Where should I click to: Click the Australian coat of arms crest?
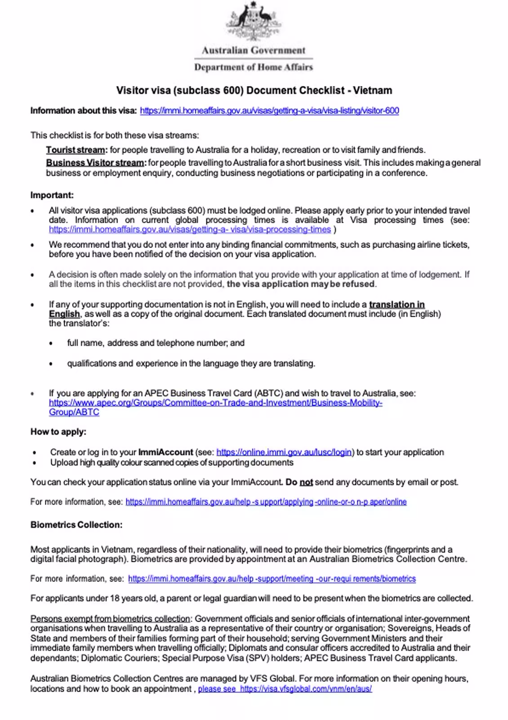tap(253, 20)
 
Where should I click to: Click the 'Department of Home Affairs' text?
tap(253, 67)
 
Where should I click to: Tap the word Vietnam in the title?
tap(372, 90)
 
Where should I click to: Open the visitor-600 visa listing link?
tap(269, 111)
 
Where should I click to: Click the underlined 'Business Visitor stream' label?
tap(96, 162)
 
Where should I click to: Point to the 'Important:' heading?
tap(52, 195)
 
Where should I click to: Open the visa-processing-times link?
tap(190, 229)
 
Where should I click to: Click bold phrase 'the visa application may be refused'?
tap(301, 284)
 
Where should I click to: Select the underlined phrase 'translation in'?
tap(397, 304)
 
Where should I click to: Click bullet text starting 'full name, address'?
tap(156, 343)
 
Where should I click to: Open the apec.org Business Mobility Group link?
tap(215, 403)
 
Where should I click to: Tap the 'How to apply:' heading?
tap(58, 432)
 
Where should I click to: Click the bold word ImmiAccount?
tap(165, 452)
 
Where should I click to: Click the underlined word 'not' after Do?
tap(306, 482)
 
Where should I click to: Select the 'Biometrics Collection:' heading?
tap(76, 525)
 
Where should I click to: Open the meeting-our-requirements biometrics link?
tap(272, 579)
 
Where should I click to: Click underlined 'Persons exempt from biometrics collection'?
tap(110, 619)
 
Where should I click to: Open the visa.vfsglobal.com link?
tap(305, 689)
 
